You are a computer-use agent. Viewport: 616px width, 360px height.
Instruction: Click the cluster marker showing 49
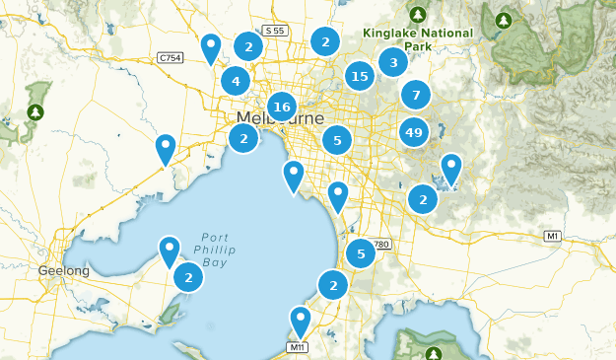(x=414, y=131)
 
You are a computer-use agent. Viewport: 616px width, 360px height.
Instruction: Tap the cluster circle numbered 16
(x=282, y=107)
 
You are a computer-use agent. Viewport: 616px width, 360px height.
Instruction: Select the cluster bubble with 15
(x=360, y=76)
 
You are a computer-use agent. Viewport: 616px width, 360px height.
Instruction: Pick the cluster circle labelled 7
(x=416, y=96)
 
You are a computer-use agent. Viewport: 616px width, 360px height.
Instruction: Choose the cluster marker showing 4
(x=235, y=81)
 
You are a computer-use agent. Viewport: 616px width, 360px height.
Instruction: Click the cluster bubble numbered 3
(x=393, y=63)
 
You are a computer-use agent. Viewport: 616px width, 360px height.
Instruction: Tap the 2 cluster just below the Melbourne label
(x=243, y=139)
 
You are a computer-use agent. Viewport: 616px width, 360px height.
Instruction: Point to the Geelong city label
(x=64, y=271)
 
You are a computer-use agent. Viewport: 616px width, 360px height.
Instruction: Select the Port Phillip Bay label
(x=214, y=251)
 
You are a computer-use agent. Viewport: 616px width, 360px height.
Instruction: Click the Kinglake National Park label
(x=417, y=39)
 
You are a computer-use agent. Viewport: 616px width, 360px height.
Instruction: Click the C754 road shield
(x=170, y=58)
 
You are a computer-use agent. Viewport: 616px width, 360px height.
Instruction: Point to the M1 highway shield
(x=553, y=236)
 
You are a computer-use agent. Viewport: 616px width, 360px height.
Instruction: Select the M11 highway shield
(x=298, y=347)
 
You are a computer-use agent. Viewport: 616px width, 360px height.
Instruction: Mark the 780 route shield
(x=380, y=244)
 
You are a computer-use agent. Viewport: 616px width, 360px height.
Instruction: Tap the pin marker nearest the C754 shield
(x=210, y=46)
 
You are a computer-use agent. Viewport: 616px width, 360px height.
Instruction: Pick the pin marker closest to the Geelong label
(x=170, y=251)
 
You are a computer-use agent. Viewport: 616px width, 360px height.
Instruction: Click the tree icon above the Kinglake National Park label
(x=418, y=15)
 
